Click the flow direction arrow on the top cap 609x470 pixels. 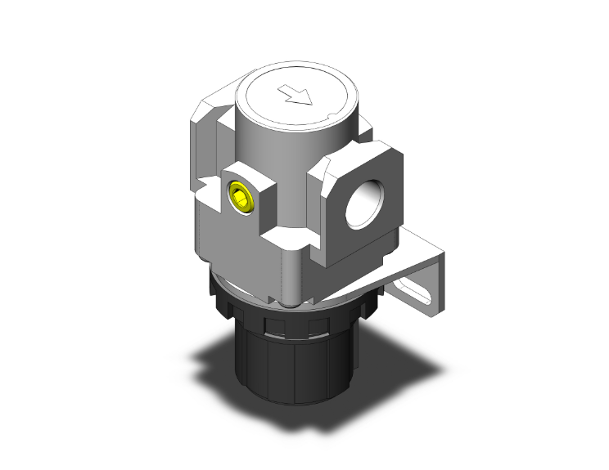pyautogui.click(x=296, y=97)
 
